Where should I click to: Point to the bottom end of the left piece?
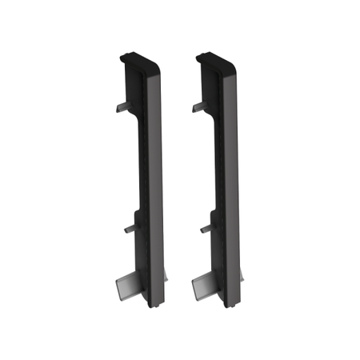[x=157, y=302]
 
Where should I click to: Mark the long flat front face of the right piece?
[x=228, y=184]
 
